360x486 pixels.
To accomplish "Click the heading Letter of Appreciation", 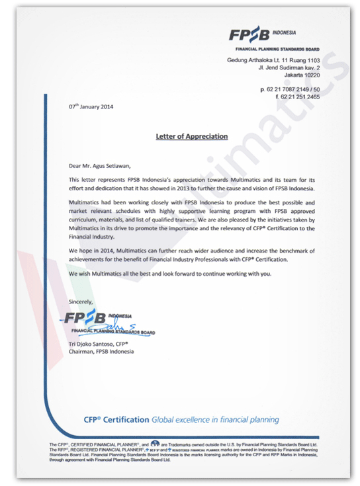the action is point(191,137).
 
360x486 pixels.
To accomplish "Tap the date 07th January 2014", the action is point(92,107).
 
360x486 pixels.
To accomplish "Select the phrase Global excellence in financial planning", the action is point(215,420).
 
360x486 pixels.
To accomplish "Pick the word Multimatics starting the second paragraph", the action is point(86,199).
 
